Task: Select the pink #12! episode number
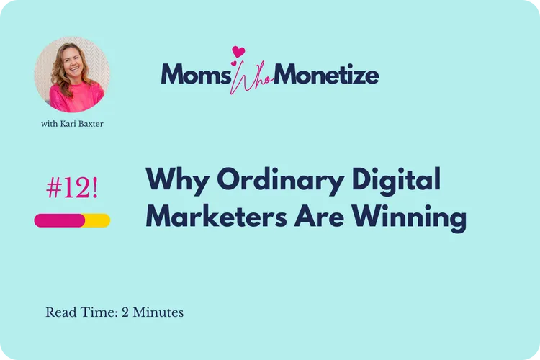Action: coord(72,189)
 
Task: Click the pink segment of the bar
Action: coord(60,220)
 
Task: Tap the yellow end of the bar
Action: coord(99,220)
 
